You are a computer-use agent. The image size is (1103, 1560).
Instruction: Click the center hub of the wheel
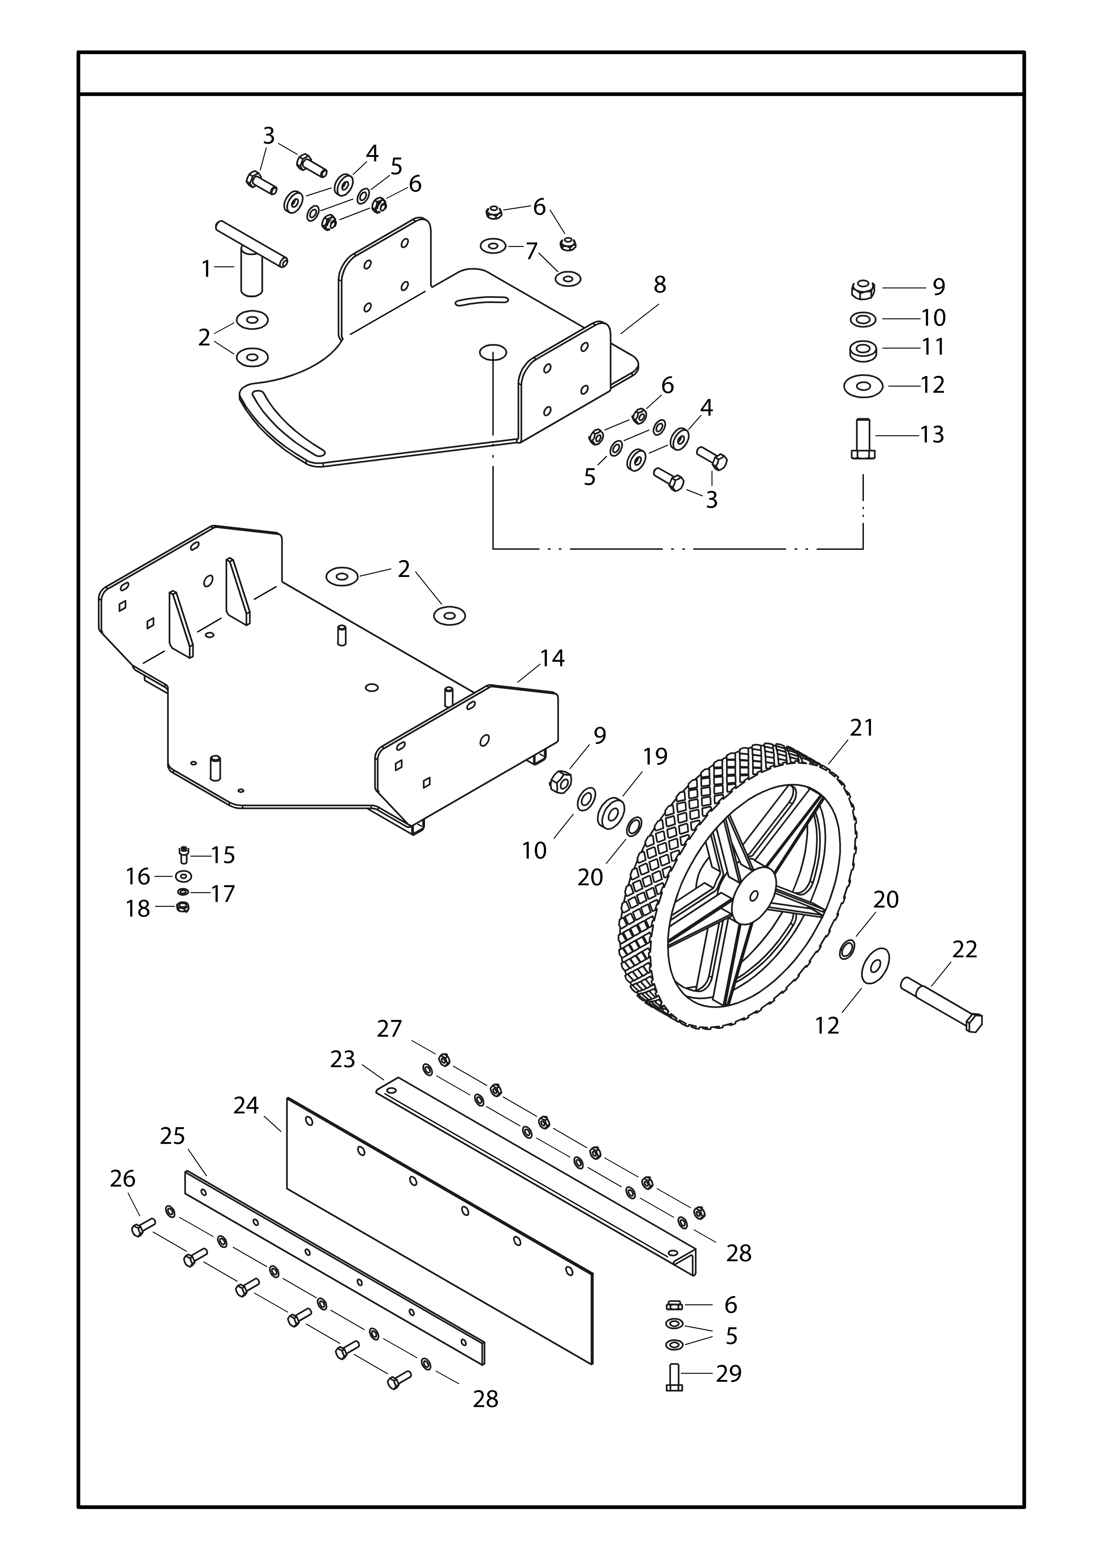753,894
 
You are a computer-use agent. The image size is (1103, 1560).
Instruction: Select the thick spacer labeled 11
863,350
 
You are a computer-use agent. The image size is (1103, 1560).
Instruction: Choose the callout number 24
246,1105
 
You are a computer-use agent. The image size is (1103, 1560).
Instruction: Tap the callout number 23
343,1059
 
